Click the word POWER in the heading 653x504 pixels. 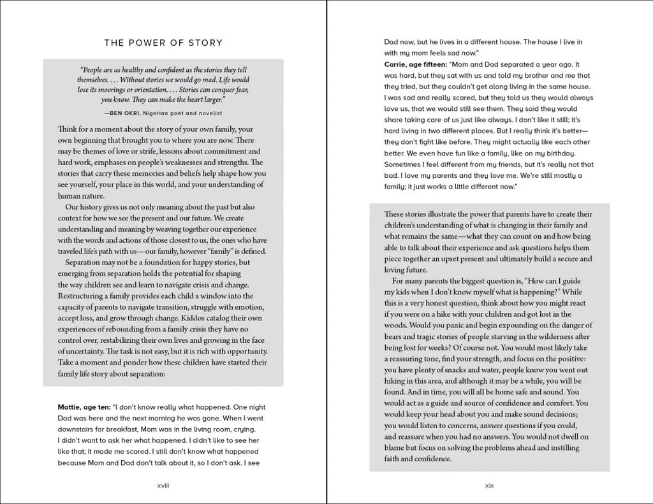[147, 43]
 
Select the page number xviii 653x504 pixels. [163, 486]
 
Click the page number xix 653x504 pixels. [490, 486]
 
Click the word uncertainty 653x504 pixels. [92, 351]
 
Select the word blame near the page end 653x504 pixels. [397, 449]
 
